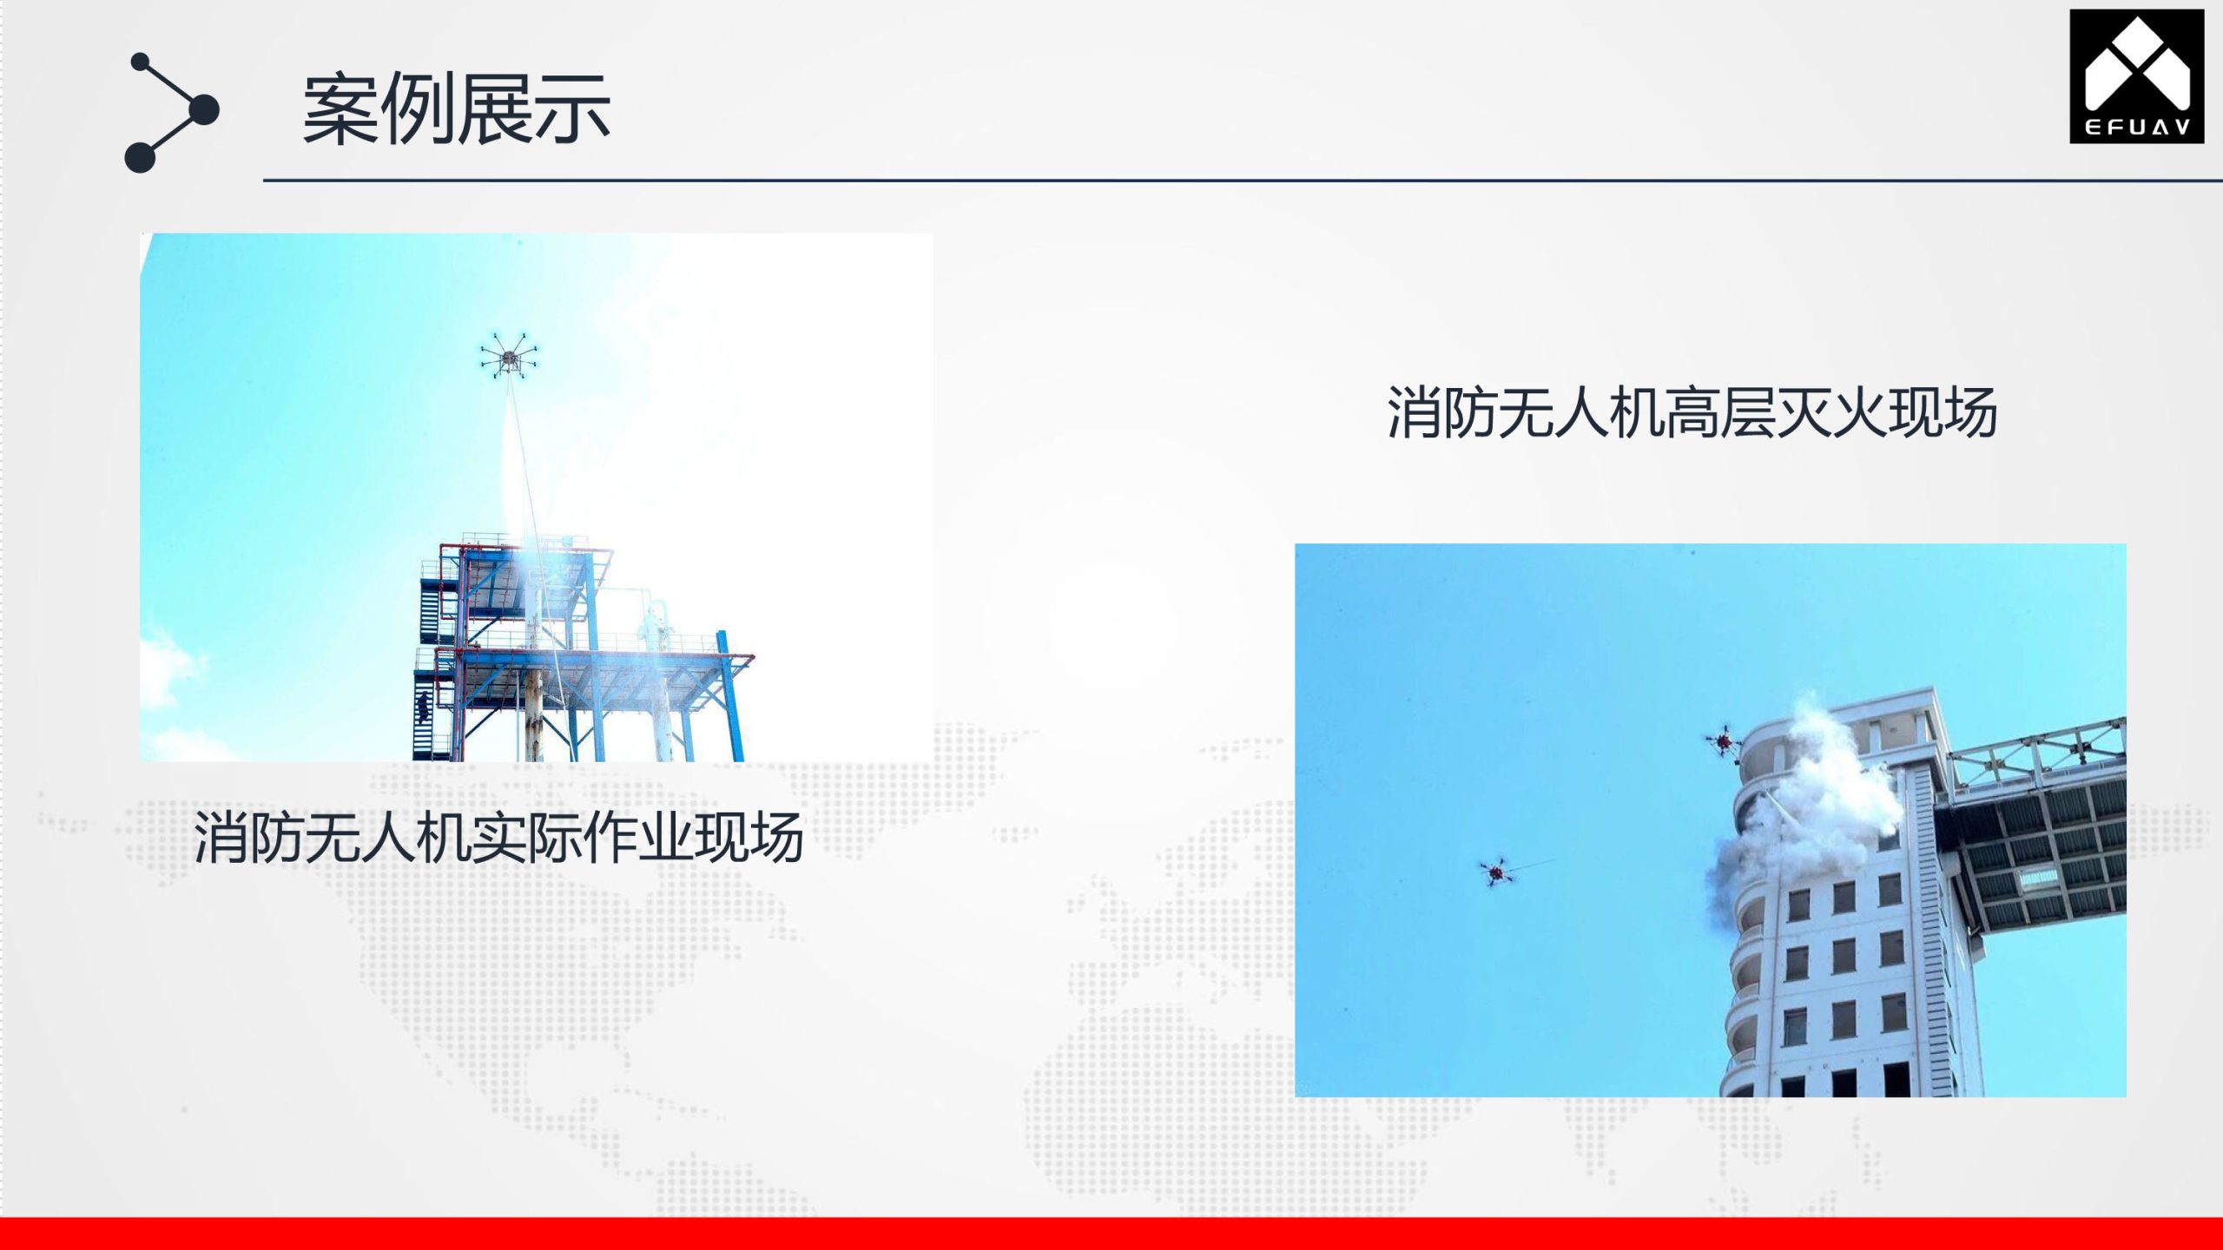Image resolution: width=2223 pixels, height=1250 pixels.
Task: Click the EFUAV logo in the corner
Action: (2137, 76)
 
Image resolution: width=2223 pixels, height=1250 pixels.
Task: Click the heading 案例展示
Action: (456, 109)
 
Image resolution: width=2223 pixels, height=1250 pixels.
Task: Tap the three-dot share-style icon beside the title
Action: (172, 113)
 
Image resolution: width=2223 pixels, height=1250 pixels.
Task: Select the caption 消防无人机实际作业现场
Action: (498, 838)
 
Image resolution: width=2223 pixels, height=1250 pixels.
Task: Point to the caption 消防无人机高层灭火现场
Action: (1692, 412)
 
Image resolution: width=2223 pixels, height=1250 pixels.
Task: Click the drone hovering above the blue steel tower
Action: (509, 354)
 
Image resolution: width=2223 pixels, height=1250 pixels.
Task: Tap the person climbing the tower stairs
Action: (423, 707)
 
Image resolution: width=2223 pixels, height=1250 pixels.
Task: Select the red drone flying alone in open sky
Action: (1495, 872)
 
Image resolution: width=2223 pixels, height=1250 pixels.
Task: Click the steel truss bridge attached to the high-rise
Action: (2032, 825)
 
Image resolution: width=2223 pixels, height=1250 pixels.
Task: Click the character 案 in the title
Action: (340, 109)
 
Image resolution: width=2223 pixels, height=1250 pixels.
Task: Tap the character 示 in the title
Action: (572, 109)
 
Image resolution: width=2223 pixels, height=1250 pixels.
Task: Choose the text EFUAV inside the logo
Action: (2137, 128)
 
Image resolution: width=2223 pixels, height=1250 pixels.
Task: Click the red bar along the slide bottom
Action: (1111, 1234)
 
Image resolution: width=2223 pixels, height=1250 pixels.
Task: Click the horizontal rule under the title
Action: (1243, 181)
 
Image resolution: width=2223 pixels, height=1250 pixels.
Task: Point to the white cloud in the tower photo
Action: (169, 668)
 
